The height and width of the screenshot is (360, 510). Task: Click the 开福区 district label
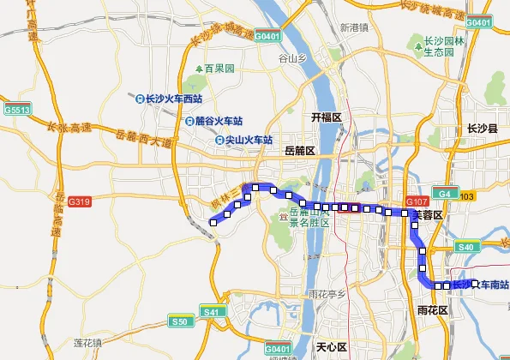pyautogui.click(x=326, y=117)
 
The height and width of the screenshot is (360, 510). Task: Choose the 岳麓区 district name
pyautogui.click(x=299, y=150)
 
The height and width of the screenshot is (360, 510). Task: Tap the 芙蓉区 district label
pyautogui.click(x=426, y=215)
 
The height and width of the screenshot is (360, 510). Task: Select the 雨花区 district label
pyautogui.click(x=432, y=309)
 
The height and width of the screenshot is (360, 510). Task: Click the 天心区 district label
pyautogui.click(x=331, y=346)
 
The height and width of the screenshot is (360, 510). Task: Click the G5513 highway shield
pyautogui.click(x=16, y=110)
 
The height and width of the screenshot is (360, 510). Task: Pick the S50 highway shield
pyautogui.click(x=179, y=321)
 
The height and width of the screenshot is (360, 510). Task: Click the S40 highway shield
pyautogui.click(x=466, y=248)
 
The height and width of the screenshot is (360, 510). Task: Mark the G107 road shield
pyautogui.click(x=417, y=201)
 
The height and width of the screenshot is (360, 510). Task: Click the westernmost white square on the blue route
pyautogui.click(x=213, y=223)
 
